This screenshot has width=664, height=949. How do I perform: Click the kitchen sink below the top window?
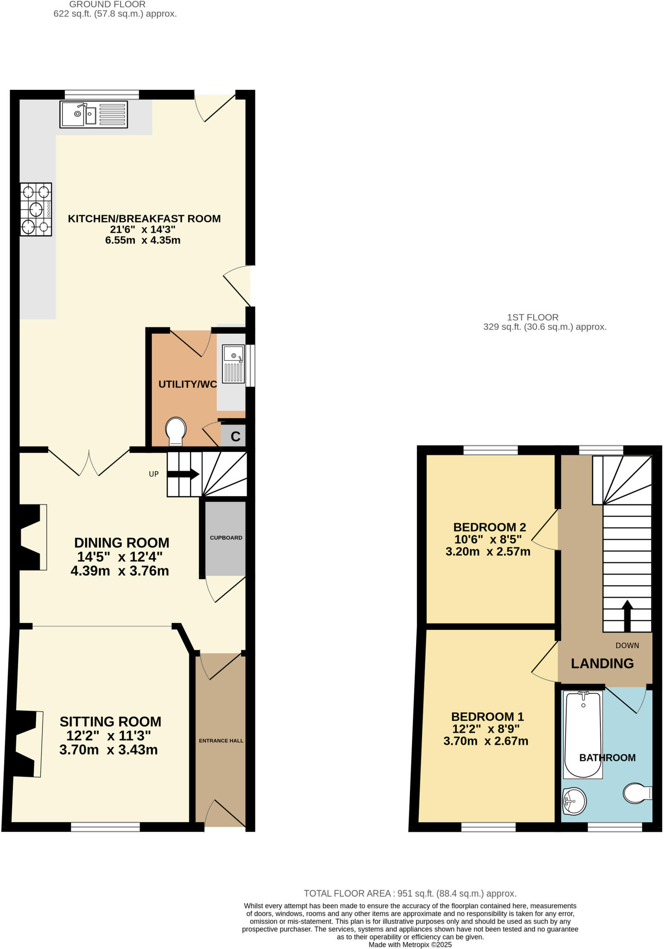[94, 114]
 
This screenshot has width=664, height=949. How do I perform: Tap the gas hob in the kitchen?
[36, 209]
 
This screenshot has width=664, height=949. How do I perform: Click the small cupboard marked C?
[235, 437]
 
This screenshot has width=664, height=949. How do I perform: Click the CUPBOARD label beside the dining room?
[226, 538]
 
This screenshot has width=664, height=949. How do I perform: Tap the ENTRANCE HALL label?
[221, 741]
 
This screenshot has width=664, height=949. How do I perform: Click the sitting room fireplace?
[28, 744]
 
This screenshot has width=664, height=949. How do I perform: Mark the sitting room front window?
[105, 827]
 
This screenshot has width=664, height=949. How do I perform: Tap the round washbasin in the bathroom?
[574, 801]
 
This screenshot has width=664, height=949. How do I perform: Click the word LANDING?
[602, 664]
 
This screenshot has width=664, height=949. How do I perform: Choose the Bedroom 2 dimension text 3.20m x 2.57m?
[488, 551]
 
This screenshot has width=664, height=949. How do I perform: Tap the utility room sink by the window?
[233, 364]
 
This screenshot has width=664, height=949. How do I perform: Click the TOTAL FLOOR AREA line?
[410, 893]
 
